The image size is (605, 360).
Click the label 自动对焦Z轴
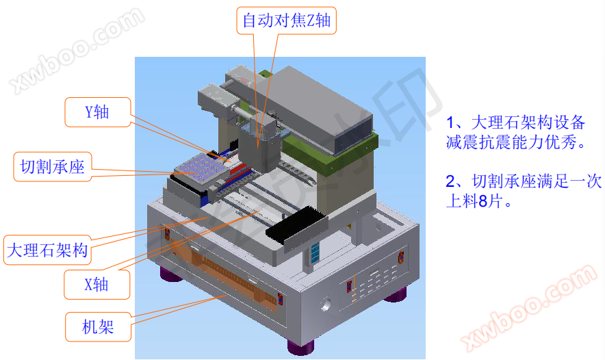[286, 21]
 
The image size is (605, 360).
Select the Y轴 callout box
[96, 112]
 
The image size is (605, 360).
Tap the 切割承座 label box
[53, 166]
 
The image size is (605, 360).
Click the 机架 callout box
[96, 327]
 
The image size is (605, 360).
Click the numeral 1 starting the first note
[450, 123]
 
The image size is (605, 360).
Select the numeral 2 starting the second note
[450, 182]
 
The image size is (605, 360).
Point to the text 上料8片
[478, 202]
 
